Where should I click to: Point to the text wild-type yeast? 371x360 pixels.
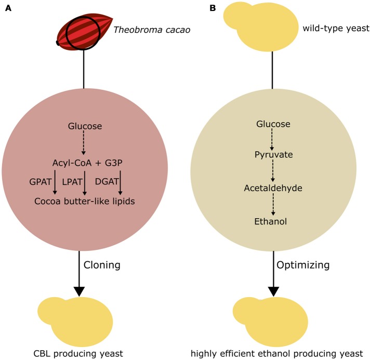tap(335, 29)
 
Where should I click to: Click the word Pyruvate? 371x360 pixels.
tap(274, 154)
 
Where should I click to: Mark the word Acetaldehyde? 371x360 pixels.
tap(273, 188)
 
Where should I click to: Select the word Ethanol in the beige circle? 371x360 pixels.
tap(273, 221)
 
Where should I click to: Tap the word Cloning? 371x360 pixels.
tap(102, 265)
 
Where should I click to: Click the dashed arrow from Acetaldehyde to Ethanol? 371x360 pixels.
tap(273, 205)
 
